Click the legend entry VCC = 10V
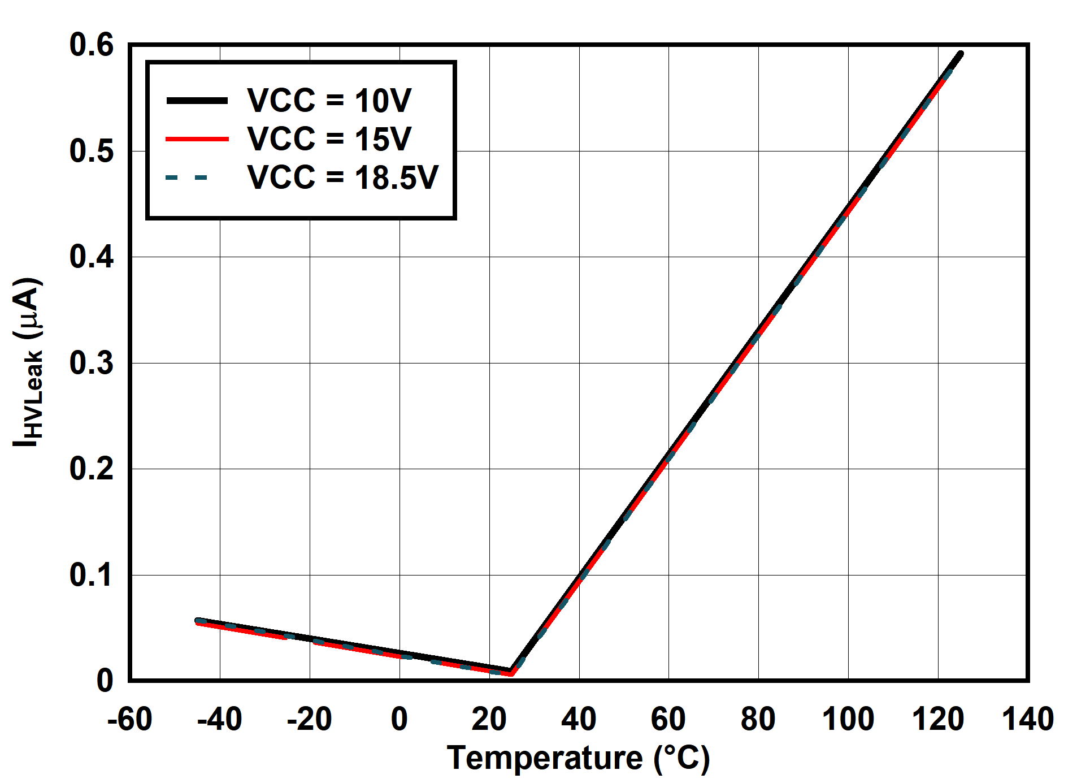coord(329,101)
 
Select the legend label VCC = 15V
coord(329,139)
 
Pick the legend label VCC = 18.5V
coord(342,177)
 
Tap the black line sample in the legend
coord(197,101)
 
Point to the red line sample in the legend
coord(197,139)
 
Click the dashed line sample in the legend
coord(187,178)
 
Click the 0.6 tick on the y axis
coord(92,45)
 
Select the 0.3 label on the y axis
coord(92,363)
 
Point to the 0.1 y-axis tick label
coord(92,575)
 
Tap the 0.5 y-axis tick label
coord(92,151)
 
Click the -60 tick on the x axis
coord(130,719)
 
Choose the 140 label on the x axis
coord(1027,719)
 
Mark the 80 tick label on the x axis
coord(758,719)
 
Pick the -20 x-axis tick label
coord(309,719)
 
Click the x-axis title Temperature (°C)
coord(578,758)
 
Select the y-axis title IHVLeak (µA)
coord(27,362)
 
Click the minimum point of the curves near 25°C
coord(511,672)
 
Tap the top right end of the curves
coord(960,54)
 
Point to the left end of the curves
coord(198,621)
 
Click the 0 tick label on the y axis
coord(105,681)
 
